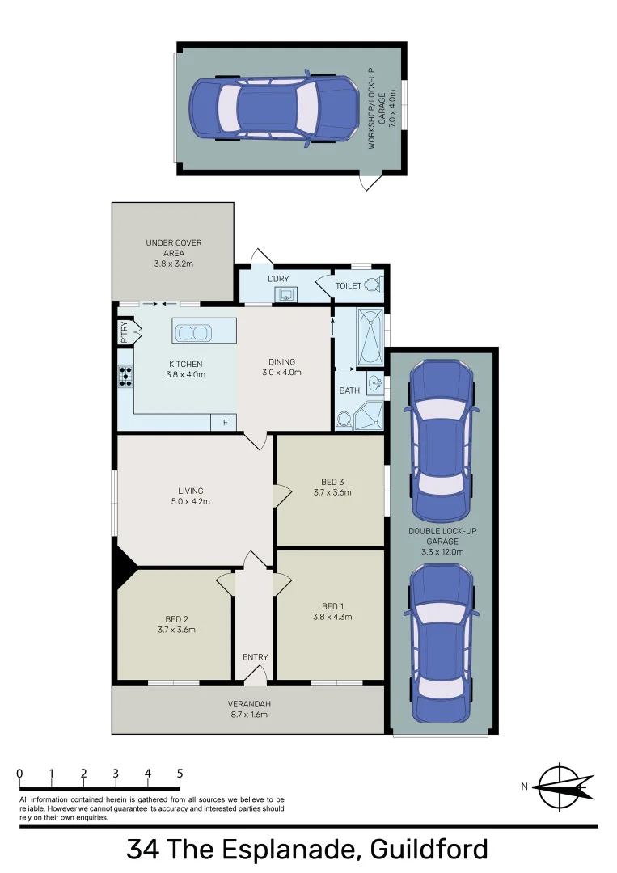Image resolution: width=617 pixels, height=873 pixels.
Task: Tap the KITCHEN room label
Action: [x=185, y=364]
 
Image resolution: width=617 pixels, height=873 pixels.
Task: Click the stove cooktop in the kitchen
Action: [x=126, y=377]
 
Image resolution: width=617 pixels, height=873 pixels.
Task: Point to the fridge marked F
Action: [x=224, y=422]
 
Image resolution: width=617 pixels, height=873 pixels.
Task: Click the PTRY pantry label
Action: [x=125, y=334]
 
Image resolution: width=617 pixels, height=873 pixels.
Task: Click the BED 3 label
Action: [x=332, y=482]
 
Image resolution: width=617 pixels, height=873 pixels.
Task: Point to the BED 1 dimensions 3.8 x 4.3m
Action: [x=332, y=617]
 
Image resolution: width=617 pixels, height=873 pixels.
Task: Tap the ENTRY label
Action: [x=255, y=657]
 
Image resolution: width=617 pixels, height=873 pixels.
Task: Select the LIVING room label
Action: [x=191, y=491]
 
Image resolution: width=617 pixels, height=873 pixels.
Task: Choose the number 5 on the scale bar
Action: [x=180, y=774]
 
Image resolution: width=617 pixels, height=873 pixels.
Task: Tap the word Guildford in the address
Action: [x=429, y=850]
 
